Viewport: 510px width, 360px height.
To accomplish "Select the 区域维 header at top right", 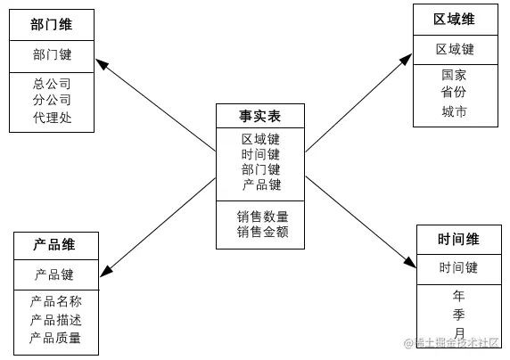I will click(x=454, y=20).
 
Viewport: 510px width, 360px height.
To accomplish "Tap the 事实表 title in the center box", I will click(x=260, y=117).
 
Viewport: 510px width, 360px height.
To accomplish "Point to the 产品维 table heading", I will click(x=53, y=245).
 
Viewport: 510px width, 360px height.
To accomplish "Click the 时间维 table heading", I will click(x=458, y=239).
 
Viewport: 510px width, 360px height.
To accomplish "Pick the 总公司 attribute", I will click(x=52, y=85).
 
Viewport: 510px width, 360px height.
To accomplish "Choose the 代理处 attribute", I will click(x=52, y=118).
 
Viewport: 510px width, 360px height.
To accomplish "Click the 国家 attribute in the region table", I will click(x=454, y=76).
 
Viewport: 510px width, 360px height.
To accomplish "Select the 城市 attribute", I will click(x=454, y=112).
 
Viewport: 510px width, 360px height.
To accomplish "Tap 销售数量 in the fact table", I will click(x=261, y=217).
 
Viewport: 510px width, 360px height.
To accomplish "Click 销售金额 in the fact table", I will click(x=261, y=233).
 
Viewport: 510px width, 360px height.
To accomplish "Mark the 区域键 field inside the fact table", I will click(x=261, y=139).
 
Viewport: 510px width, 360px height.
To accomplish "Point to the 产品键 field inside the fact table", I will click(x=261, y=184).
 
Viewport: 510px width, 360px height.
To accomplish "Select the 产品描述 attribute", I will click(x=55, y=319).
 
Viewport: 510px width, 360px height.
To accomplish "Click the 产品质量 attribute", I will click(x=55, y=338).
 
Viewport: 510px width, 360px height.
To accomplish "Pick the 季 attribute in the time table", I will click(x=458, y=314).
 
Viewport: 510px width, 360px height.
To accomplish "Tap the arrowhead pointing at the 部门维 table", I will click(x=101, y=64).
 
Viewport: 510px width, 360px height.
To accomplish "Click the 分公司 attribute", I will click(x=52, y=101).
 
